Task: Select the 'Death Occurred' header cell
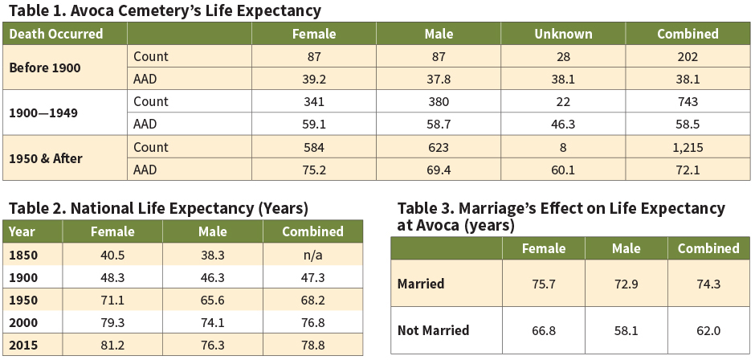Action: point(55,34)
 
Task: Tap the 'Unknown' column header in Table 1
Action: point(563,34)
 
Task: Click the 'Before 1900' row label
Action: point(45,67)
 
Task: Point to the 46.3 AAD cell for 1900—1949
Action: point(563,125)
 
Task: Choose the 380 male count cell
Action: point(439,102)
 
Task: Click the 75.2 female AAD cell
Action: point(313,170)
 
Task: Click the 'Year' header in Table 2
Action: point(22,231)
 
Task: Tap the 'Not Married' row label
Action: point(434,330)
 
